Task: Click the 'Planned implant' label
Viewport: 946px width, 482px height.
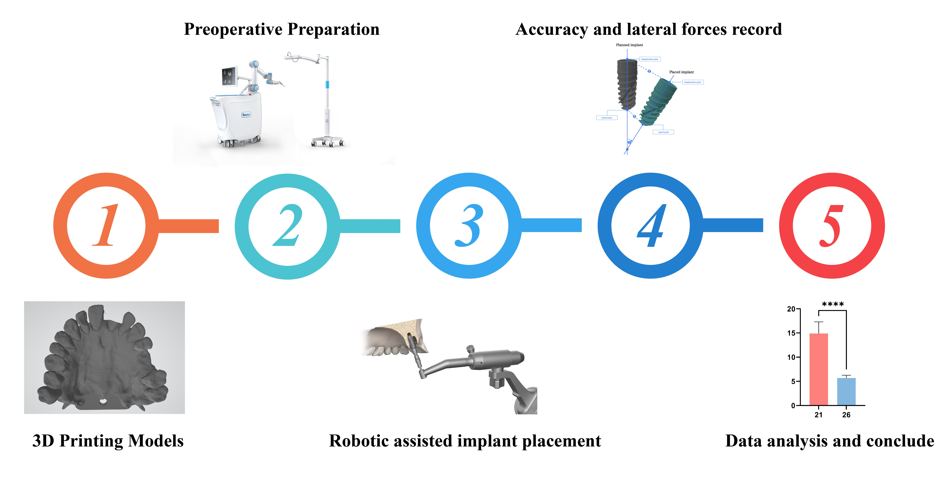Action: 629,45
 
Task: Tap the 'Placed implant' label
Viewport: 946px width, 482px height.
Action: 681,72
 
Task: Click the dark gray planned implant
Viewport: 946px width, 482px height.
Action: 626,85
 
